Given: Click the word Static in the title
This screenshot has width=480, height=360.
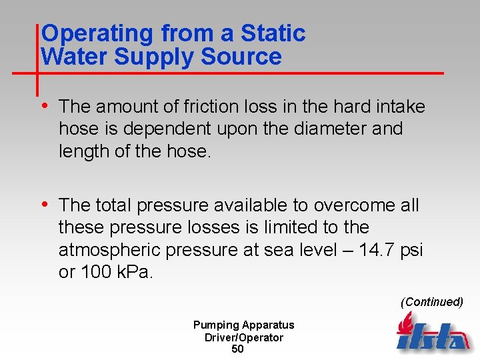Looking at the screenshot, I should coord(273,33).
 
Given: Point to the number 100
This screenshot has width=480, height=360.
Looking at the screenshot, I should coord(95,273).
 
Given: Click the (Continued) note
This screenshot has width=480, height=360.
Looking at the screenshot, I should coord(431,302).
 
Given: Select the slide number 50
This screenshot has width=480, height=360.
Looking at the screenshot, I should coord(237,349).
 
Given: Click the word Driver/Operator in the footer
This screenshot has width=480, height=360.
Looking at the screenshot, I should coord(243,337).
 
